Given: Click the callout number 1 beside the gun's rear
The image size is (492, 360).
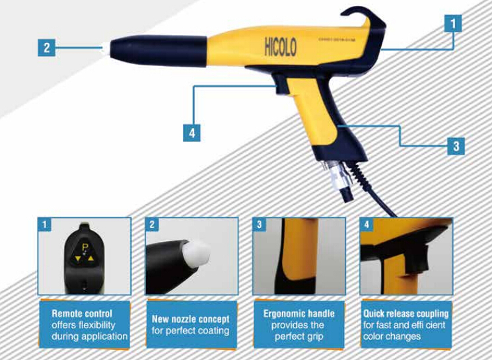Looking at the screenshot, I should [452, 24].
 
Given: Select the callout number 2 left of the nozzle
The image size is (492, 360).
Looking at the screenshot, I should [46, 48].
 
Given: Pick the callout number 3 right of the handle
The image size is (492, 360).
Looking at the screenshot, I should [456, 145].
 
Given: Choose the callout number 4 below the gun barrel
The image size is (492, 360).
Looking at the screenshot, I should [191, 131].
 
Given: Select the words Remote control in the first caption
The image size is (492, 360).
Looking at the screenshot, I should [82, 314].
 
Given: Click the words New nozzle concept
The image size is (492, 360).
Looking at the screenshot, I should [191, 319].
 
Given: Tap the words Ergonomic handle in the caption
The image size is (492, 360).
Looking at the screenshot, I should [299, 314].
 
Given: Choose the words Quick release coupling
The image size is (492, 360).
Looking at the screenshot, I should [405, 313].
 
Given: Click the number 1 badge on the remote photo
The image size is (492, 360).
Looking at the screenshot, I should [44, 225].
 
